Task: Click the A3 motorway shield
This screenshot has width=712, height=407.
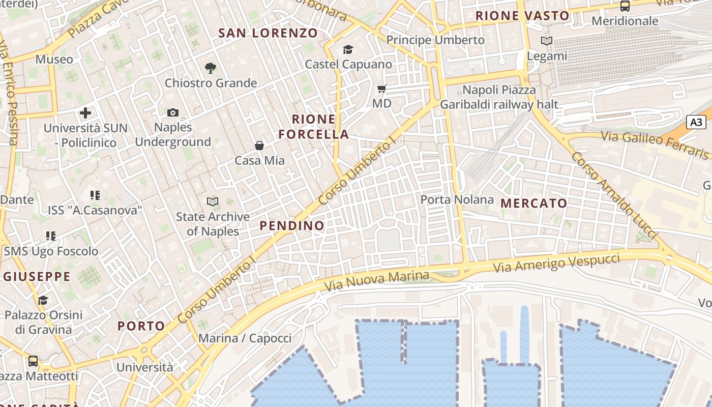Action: [x=696, y=122]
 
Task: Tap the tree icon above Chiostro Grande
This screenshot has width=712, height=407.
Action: [x=210, y=68]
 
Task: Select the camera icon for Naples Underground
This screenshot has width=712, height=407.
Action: [x=173, y=112]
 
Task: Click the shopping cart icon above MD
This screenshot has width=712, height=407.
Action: [x=382, y=89]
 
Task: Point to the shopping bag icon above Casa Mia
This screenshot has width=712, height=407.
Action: [x=259, y=146]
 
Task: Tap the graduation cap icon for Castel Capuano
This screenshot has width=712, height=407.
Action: [x=348, y=49]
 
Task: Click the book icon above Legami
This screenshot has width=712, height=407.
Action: [x=547, y=41]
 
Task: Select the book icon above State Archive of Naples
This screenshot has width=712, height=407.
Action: [x=213, y=202]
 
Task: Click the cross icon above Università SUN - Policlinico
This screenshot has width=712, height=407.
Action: [x=85, y=113]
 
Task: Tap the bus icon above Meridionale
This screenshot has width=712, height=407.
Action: [x=625, y=6]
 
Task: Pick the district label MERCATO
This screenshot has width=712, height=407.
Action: [x=533, y=203]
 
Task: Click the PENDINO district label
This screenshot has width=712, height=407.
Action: [x=292, y=225]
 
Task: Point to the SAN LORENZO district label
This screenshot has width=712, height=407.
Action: [x=268, y=34]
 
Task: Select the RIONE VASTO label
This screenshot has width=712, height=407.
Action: [x=522, y=16]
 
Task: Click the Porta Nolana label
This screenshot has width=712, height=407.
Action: [x=457, y=199]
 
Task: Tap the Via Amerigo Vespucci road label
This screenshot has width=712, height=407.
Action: [x=557, y=263]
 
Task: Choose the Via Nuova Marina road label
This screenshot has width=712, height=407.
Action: [x=377, y=280]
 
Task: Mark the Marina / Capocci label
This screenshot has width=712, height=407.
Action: [x=245, y=338]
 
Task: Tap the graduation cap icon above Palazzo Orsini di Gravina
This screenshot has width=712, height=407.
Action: [x=43, y=300]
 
